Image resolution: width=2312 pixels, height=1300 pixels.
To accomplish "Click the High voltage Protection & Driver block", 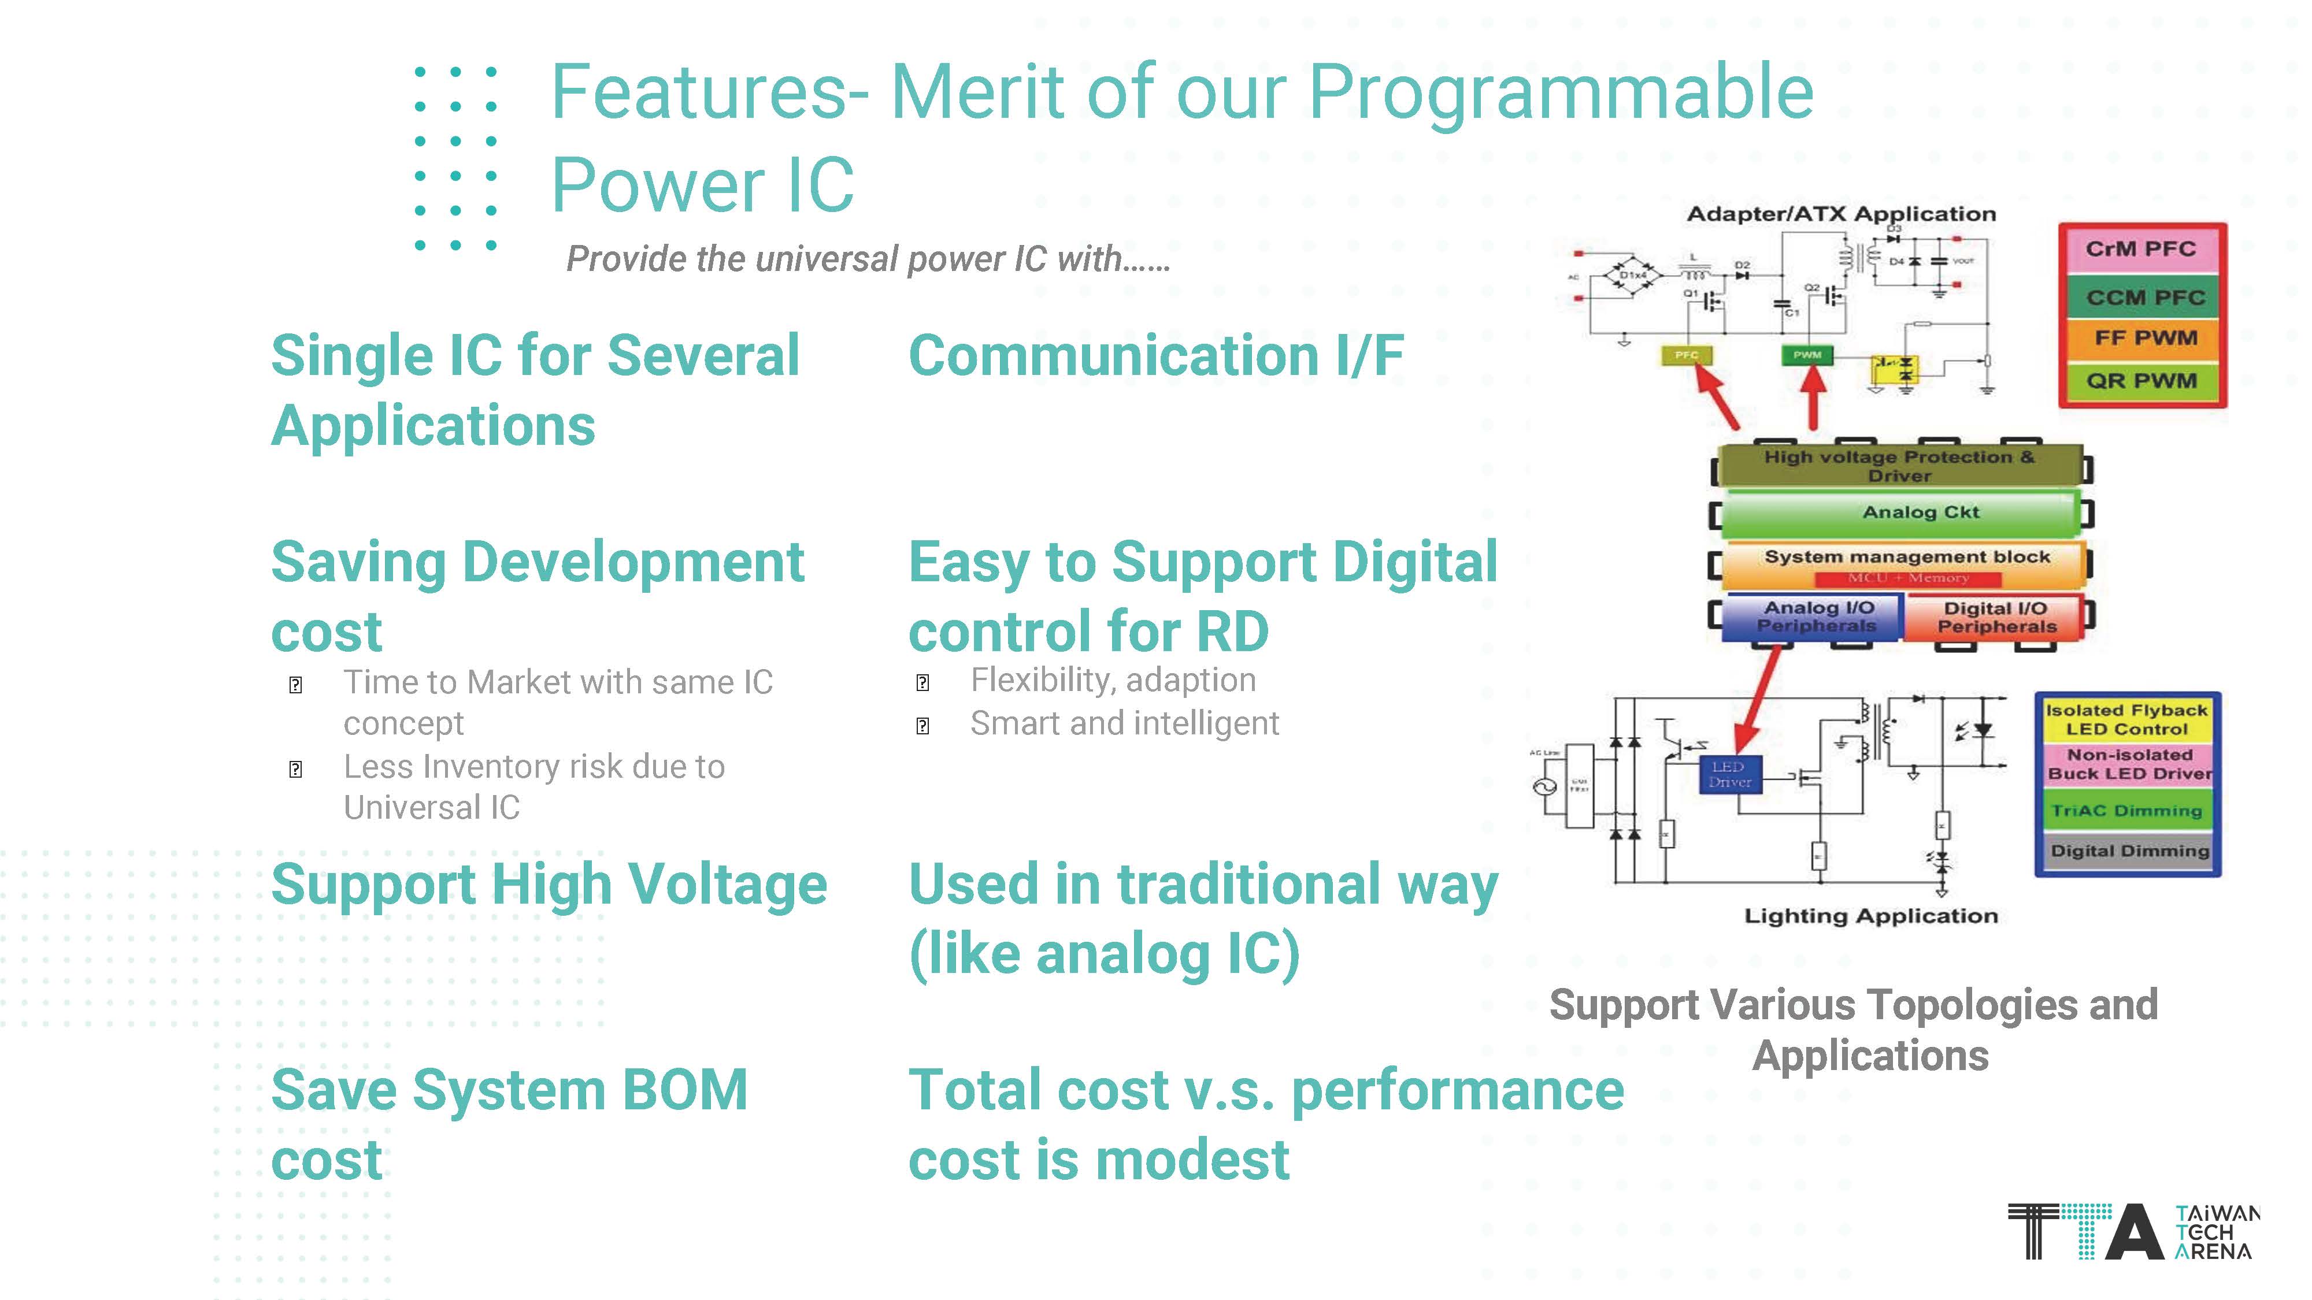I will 1898,465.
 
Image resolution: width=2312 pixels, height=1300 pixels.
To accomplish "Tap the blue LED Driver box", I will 1729,774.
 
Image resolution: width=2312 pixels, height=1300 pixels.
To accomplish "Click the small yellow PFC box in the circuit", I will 1687,355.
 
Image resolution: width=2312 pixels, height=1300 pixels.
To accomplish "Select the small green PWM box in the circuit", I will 1807,355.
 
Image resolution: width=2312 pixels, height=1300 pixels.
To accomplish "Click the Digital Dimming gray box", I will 2129,850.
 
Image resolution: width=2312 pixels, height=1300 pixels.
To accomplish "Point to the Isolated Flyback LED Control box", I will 2126,719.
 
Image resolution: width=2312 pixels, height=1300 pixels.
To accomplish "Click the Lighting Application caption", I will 1870,916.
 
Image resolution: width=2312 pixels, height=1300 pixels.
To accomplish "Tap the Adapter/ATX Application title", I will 1841,214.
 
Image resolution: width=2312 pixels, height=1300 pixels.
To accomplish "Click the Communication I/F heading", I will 1156,356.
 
